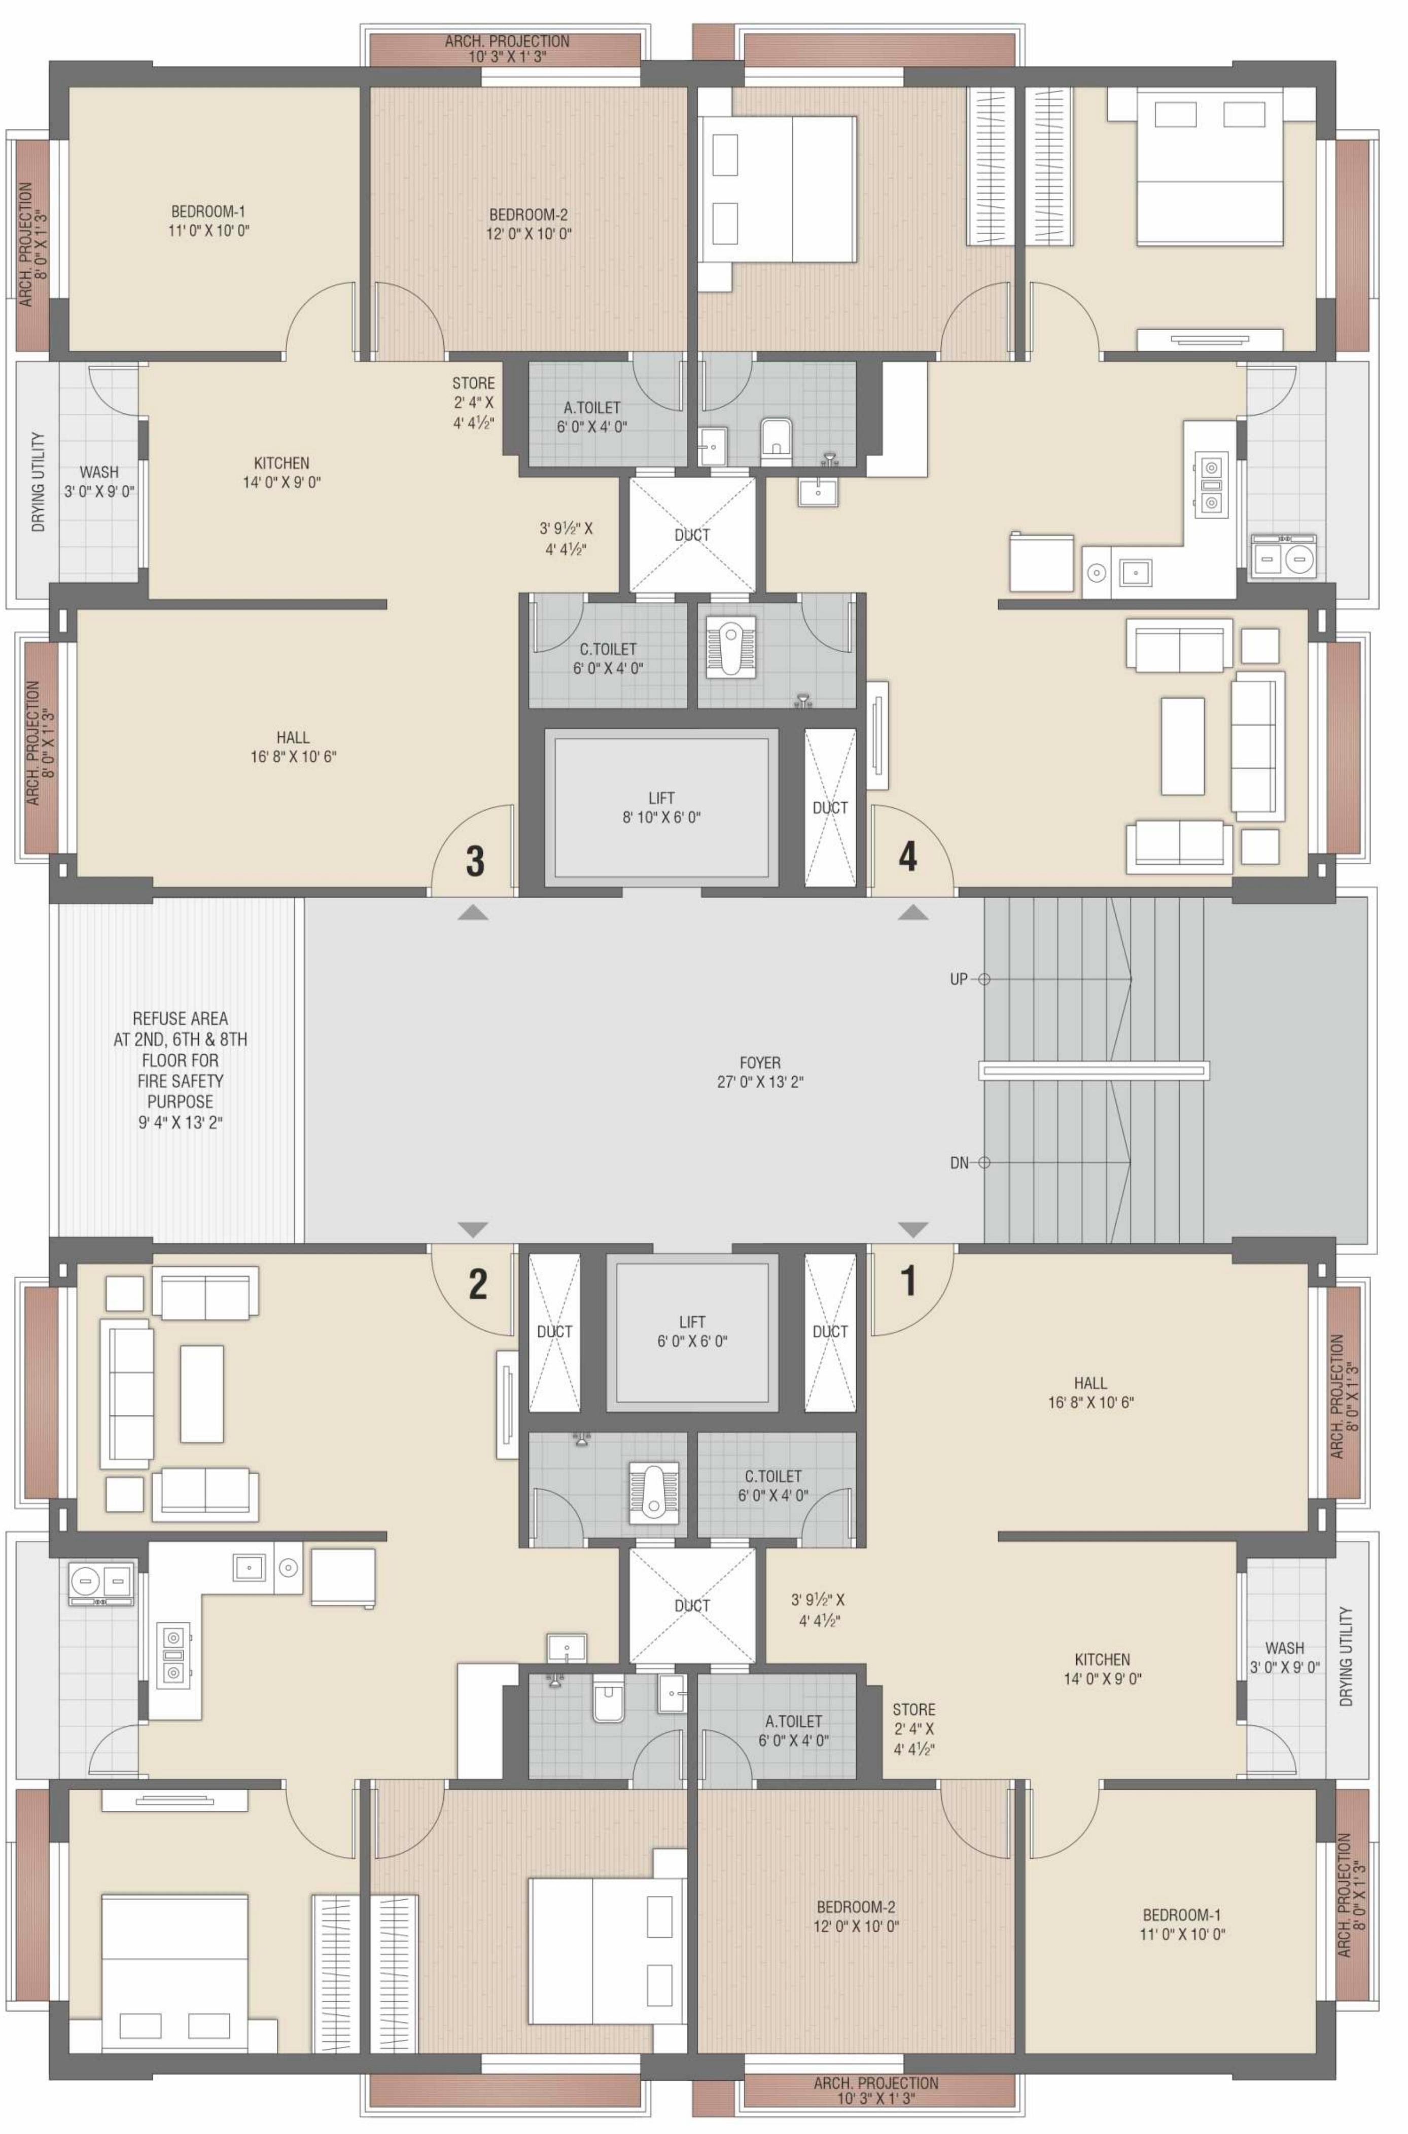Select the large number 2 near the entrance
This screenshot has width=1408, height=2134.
click(x=478, y=1284)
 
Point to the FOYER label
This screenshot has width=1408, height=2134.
click(x=760, y=1062)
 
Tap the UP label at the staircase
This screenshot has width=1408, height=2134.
click(x=959, y=979)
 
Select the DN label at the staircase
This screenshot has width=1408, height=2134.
click(x=959, y=1163)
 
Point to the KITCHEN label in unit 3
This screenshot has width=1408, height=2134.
click(x=281, y=463)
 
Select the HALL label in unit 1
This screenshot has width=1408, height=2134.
click(x=1089, y=1382)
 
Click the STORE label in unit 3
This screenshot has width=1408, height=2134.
click(x=473, y=383)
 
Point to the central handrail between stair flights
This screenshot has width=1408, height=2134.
click(x=1094, y=1070)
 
